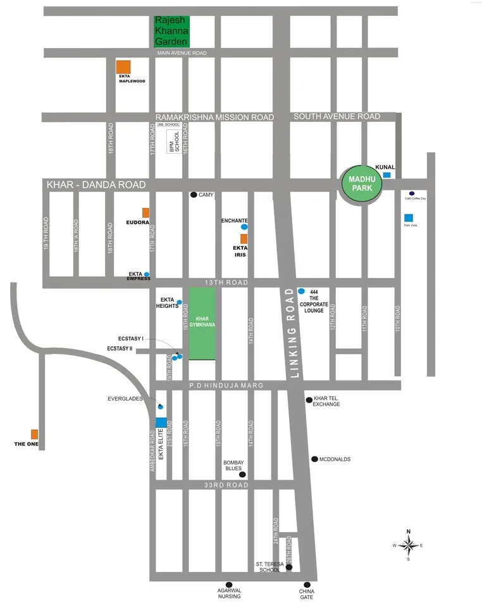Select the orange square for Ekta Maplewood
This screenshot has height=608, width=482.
pyautogui.click(x=123, y=68)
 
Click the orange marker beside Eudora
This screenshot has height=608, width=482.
pyautogui.click(x=145, y=212)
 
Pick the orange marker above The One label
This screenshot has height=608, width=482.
pyautogui.click(x=35, y=434)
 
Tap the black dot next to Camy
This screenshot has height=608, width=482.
pyautogui.click(x=194, y=195)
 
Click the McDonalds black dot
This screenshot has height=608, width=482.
pyautogui.click(x=314, y=459)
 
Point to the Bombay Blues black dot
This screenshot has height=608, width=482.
pyautogui.click(x=242, y=475)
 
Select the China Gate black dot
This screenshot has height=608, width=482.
pyautogui.click(x=307, y=585)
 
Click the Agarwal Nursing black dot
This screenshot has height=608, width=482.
pyautogui.click(x=229, y=585)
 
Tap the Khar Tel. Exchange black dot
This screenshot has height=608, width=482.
pyautogui.click(x=309, y=399)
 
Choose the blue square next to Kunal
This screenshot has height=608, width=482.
pyautogui.click(x=387, y=175)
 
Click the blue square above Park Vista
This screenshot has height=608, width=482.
pyautogui.click(x=408, y=217)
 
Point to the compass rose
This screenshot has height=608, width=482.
pyautogui.click(x=409, y=545)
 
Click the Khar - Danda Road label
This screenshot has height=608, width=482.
pyautogui.click(x=96, y=185)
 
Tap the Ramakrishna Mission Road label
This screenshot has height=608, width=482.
pyautogui.click(x=215, y=118)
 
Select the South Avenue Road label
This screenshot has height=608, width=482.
pyautogui.click(x=337, y=116)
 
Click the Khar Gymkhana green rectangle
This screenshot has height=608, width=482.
pyautogui.click(x=202, y=324)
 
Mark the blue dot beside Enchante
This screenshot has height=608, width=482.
pyautogui.click(x=244, y=226)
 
